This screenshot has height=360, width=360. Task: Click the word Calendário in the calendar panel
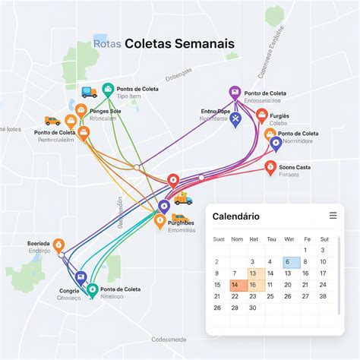(x=235, y=216)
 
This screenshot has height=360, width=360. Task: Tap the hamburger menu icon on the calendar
(x=333, y=216)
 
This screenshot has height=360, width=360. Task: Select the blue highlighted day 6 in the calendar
(x=287, y=261)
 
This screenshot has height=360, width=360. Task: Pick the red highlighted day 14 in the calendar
(x=235, y=285)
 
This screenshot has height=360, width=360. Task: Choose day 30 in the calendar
(x=253, y=308)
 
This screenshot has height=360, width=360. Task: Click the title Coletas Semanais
(x=180, y=44)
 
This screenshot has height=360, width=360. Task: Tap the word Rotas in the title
(x=107, y=44)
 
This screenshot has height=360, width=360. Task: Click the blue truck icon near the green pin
(x=90, y=92)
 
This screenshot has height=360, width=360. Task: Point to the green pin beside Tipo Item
(x=108, y=89)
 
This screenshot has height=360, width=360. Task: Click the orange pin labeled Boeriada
(x=59, y=245)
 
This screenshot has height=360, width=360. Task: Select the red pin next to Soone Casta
(x=270, y=167)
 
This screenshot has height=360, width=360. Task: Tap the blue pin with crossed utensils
(x=235, y=118)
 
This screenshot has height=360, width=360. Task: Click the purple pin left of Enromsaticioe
(x=235, y=93)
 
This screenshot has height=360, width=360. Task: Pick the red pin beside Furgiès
(x=261, y=115)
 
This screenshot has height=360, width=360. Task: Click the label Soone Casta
(x=295, y=166)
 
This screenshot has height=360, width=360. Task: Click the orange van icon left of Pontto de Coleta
(x=52, y=121)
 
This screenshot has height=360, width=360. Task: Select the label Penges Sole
(x=105, y=111)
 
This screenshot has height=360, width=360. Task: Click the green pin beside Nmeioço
(x=92, y=289)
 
